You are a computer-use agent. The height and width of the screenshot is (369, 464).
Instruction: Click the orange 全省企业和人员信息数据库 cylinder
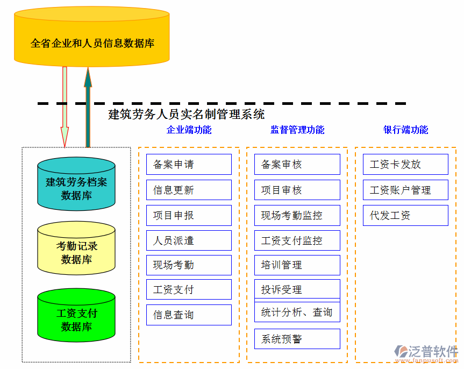tap(92, 38)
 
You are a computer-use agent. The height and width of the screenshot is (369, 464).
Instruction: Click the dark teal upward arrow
tap(88, 108)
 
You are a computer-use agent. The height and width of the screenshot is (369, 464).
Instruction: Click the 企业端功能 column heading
tap(189, 130)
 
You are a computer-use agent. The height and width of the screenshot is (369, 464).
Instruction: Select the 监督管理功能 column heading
tap(297, 130)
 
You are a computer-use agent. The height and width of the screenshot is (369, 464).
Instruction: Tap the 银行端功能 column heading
tap(405, 130)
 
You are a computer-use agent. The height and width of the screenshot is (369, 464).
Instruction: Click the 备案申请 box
tap(189, 165)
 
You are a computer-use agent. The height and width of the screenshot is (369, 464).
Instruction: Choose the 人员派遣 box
tap(189, 240)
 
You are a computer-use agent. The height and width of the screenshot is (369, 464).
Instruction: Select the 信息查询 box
tap(189, 315)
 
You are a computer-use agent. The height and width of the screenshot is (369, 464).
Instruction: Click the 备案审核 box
tap(297, 165)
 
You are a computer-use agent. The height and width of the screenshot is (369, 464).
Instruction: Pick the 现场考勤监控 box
tap(297, 215)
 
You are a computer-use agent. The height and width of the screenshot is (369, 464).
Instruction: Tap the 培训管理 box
tap(297, 265)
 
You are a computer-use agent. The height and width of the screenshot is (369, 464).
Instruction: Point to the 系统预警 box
tap(297, 339)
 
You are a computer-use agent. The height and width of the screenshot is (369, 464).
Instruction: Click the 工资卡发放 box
tap(405, 165)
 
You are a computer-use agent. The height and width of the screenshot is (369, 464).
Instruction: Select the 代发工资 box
tap(405, 215)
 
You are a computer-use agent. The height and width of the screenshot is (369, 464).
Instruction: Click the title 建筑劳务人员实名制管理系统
tap(187, 114)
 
